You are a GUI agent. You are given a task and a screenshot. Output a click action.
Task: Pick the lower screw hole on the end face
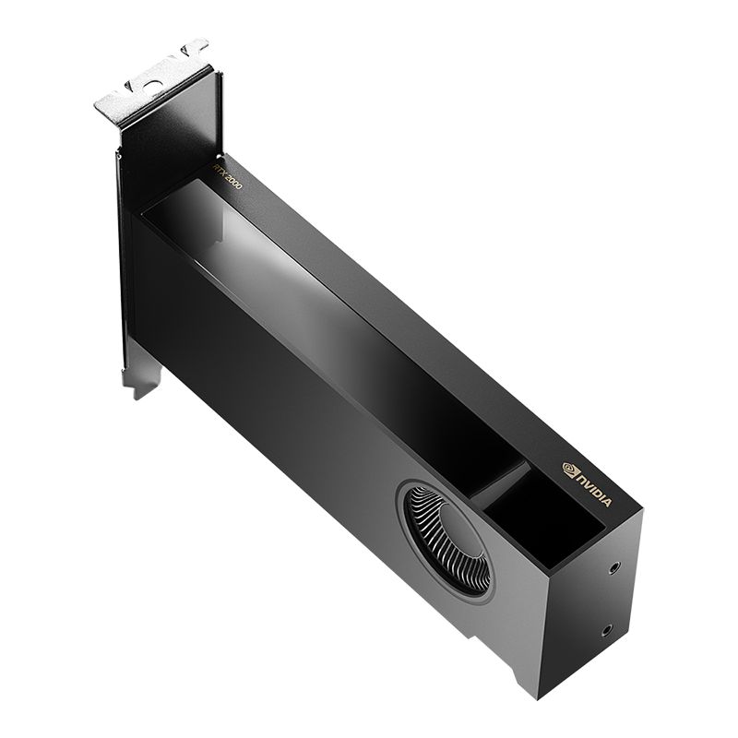[605, 631]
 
